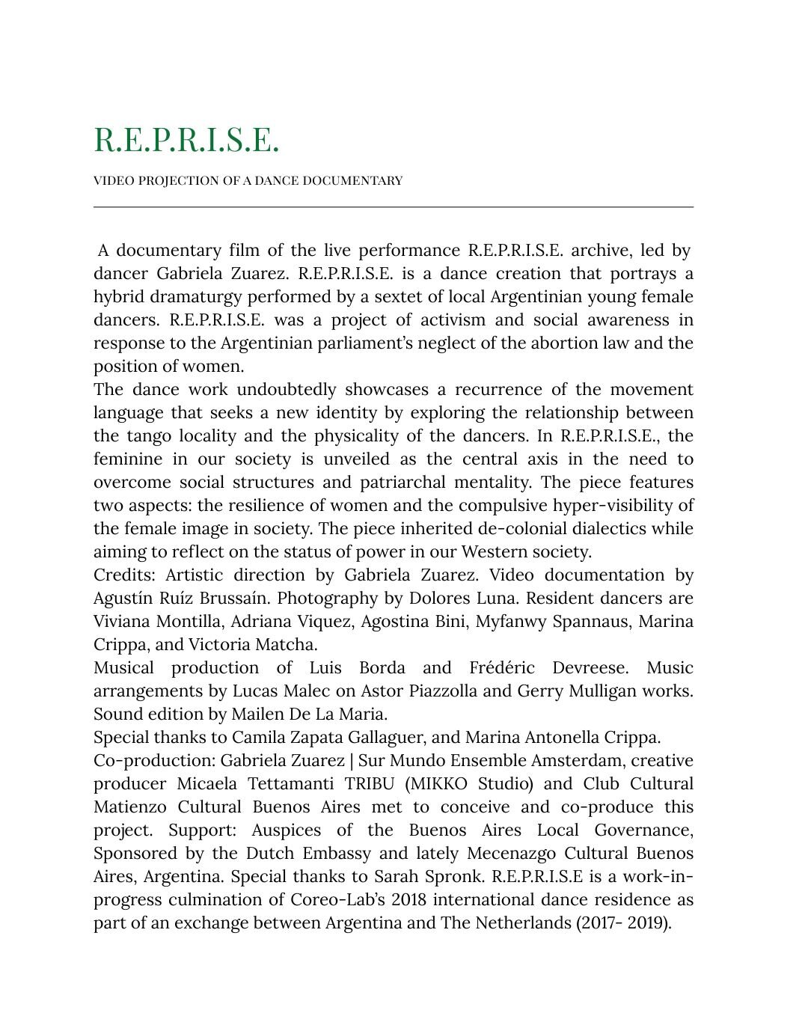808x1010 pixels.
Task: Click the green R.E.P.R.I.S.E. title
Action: tap(186, 140)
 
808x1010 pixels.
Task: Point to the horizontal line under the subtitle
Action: tap(394, 206)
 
